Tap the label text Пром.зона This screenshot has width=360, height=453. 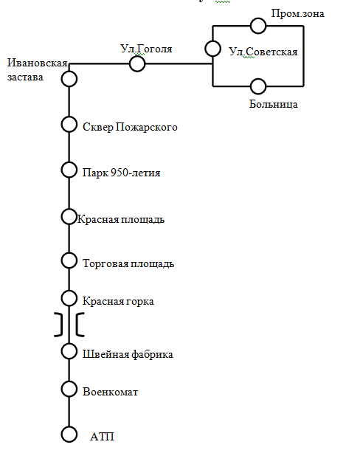(297, 13)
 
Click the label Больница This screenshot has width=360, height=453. (274, 104)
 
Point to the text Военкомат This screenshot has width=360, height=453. (110, 392)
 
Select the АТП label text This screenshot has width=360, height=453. (102, 437)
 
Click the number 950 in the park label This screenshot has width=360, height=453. (120, 173)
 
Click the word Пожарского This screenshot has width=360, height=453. (147, 127)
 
